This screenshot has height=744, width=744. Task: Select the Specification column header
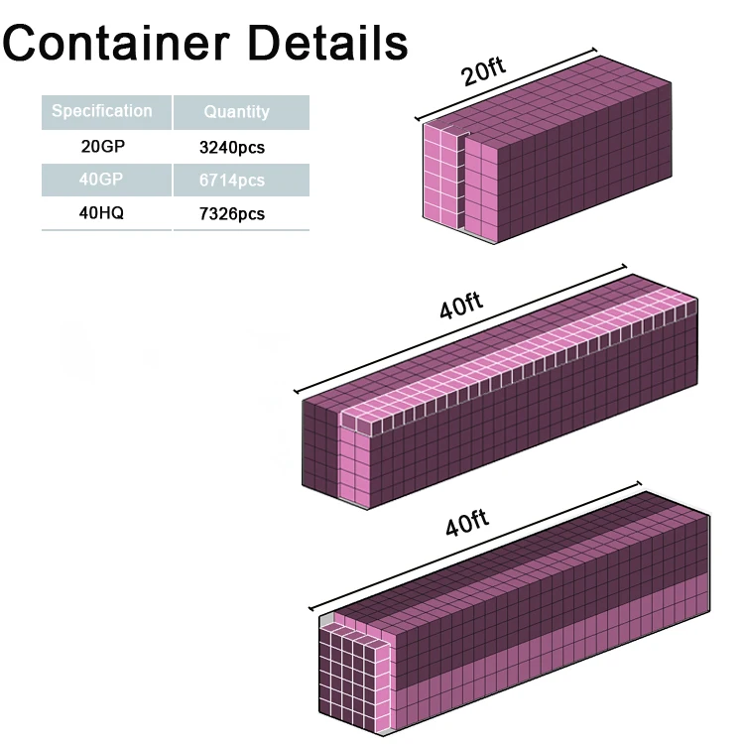point(102,111)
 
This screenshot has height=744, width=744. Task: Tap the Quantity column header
point(236,112)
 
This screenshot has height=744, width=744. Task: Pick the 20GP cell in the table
point(103,147)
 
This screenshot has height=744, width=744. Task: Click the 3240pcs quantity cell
point(232,148)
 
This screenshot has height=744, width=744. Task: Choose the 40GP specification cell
point(103,180)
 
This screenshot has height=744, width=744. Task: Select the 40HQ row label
point(103,212)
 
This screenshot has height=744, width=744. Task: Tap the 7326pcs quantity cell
point(232,213)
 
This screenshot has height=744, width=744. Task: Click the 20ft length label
point(484,72)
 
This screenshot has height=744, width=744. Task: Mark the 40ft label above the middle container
point(461,305)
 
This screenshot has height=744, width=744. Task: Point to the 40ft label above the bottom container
point(466,523)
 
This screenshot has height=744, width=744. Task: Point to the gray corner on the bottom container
point(323,622)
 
